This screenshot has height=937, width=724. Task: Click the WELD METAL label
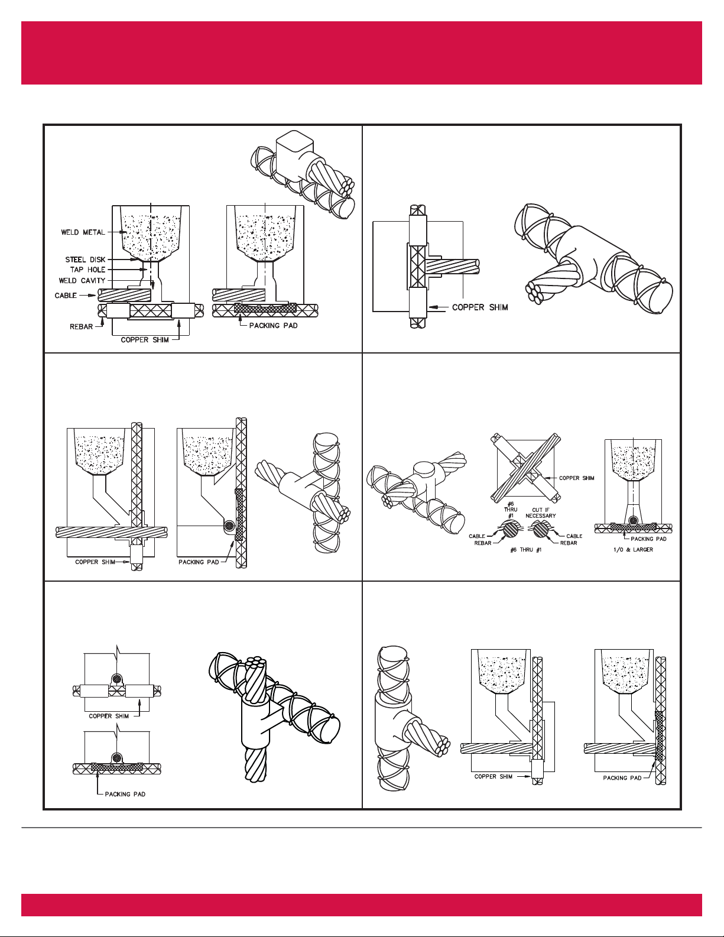83,232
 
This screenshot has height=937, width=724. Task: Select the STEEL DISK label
85,260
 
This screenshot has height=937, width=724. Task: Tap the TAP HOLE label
88,270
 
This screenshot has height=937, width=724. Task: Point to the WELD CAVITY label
82,281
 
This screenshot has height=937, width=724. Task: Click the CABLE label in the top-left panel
66,296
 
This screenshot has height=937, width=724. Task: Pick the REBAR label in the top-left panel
82,327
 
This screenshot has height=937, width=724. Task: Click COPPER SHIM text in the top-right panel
480,307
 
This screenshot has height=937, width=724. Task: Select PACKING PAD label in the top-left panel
273,326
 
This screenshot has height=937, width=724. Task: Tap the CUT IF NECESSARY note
541,513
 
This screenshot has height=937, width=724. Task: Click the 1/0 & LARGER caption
633,550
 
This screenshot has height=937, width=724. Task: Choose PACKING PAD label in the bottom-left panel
125,795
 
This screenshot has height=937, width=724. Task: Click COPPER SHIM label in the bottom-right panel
494,777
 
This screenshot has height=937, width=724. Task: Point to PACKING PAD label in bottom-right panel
622,778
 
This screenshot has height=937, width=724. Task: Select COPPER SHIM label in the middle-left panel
95,562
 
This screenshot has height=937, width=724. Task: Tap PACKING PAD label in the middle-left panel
199,562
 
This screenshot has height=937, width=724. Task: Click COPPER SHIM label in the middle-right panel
577,478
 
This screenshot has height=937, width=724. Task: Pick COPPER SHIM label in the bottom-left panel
109,716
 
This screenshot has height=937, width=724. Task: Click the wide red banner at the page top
362,53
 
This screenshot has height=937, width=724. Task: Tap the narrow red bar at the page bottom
362,904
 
